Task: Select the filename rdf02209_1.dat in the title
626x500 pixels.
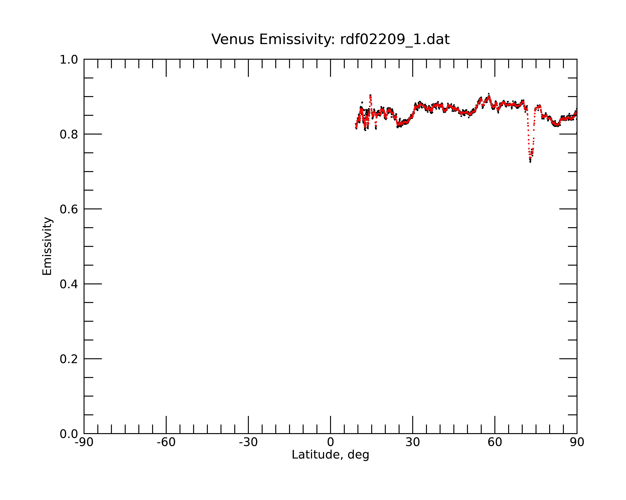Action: coord(395,39)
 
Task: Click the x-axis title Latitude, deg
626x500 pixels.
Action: coord(330,455)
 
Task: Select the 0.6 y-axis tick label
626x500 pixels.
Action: coord(69,209)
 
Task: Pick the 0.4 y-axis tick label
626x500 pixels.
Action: coord(69,284)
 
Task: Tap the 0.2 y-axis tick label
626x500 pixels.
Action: coord(69,359)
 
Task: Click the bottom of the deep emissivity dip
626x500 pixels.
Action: coord(530,161)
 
